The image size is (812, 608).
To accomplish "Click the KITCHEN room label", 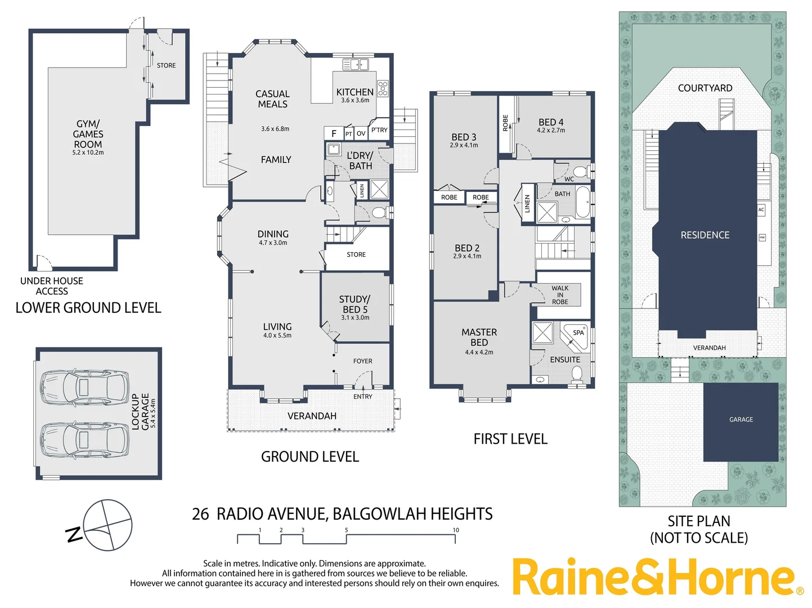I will (x=355, y=92).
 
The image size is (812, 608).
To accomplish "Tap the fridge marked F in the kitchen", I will (x=334, y=133).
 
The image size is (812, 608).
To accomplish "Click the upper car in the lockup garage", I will (x=84, y=387).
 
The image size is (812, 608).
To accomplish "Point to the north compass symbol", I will (x=107, y=525).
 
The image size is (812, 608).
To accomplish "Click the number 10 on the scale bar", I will (x=456, y=530).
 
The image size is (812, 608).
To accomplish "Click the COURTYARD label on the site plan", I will (x=705, y=88).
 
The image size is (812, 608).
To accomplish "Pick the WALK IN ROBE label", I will (x=560, y=295).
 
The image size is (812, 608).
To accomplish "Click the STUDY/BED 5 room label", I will (x=355, y=305).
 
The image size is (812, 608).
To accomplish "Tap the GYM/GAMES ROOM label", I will (x=88, y=134).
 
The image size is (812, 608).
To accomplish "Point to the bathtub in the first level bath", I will (x=582, y=202).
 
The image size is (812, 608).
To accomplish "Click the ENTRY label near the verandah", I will (x=363, y=397).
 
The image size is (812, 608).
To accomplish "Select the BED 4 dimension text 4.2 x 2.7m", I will (x=551, y=131).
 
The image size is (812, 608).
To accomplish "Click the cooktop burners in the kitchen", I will (x=383, y=88).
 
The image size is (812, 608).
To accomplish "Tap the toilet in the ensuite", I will (x=577, y=373).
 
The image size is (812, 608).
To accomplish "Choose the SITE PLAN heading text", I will (x=699, y=521).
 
